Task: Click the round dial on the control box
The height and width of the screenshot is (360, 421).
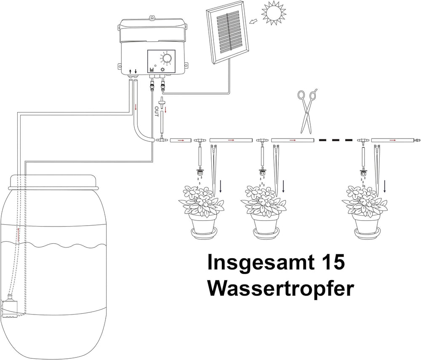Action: pyautogui.click(x=167, y=59)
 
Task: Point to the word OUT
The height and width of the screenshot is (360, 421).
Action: pyautogui.click(x=157, y=112)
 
